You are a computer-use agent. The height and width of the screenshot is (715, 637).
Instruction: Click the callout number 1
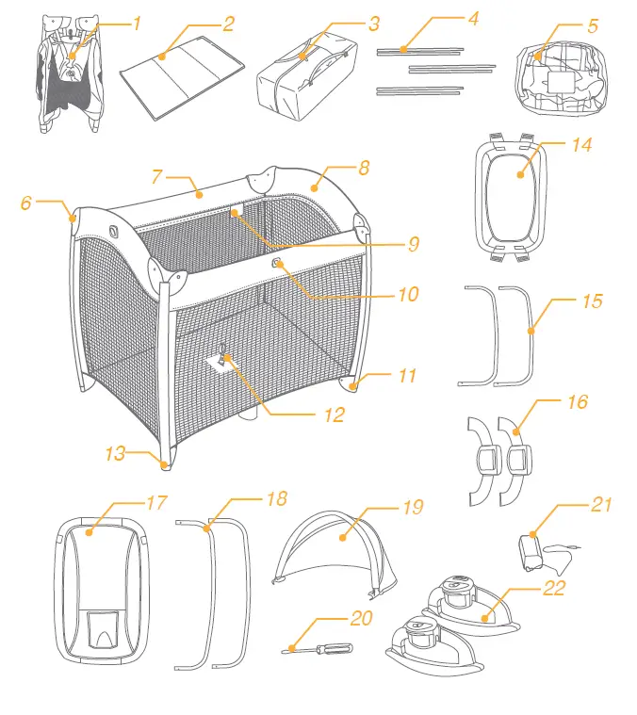click(x=137, y=22)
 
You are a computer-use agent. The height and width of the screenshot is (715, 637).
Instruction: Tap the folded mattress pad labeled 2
click(x=179, y=80)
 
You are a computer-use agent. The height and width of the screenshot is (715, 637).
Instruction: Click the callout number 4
click(x=473, y=19)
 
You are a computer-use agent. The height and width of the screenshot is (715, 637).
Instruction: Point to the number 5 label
click(x=593, y=25)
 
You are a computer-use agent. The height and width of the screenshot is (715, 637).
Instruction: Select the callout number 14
click(x=580, y=146)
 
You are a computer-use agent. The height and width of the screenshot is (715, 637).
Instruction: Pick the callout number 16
click(x=578, y=402)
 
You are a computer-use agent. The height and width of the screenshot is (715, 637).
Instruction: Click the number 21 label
click(x=601, y=505)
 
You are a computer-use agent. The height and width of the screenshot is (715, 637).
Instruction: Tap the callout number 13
click(x=115, y=454)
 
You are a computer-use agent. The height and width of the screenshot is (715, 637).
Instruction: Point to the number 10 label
click(x=407, y=295)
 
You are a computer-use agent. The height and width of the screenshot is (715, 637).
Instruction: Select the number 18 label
click(x=276, y=498)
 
